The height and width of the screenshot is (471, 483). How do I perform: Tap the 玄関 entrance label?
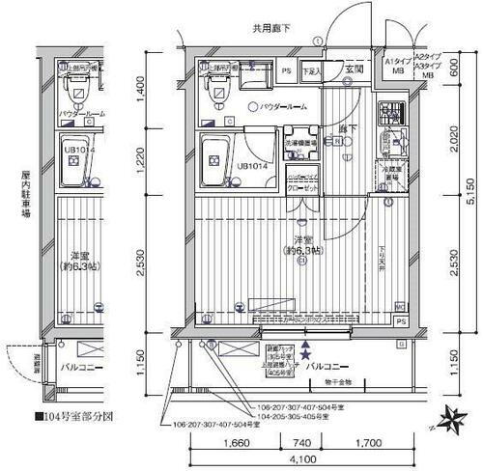354,69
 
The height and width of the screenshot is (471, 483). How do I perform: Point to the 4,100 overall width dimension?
299,461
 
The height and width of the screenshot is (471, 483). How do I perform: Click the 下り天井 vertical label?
384,261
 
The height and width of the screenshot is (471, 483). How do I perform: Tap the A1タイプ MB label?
397,66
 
